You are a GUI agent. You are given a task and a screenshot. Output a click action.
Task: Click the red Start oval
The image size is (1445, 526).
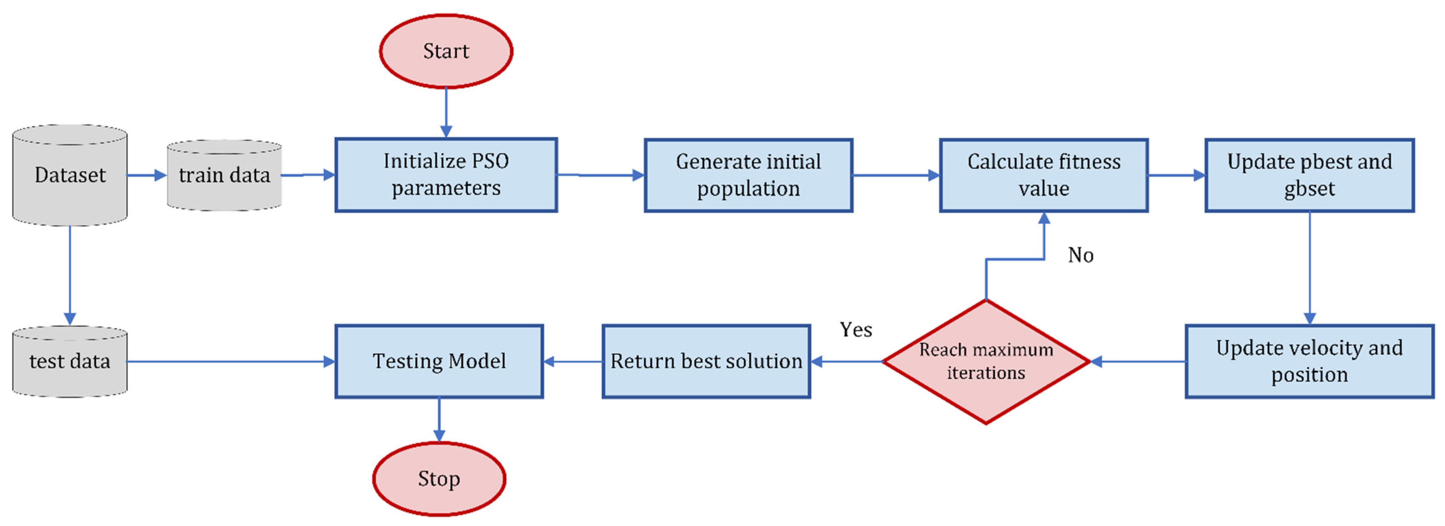coord(446,51)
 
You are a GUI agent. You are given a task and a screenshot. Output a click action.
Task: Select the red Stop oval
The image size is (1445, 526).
coord(439,479)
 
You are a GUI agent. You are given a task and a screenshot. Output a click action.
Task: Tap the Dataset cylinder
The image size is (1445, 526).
coord(70,175)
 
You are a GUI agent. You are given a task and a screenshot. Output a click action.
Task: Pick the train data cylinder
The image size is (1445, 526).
coord(224,175)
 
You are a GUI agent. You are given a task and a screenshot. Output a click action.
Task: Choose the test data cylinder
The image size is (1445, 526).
coord(70,361)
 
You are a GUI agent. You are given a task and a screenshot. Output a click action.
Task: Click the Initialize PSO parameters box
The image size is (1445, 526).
coord(446,175)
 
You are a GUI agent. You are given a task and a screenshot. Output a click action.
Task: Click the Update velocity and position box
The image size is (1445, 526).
coord(1310,361)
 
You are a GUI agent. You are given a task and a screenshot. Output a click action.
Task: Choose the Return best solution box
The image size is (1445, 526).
coord(706,361)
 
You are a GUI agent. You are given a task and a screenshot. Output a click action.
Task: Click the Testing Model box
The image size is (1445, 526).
coord(439,361)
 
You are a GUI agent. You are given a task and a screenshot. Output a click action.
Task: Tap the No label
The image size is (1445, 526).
coord(1080,255)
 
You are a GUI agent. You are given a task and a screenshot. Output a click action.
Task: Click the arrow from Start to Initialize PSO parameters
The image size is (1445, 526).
coord(446,112)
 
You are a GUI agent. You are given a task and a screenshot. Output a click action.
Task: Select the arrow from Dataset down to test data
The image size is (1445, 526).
coord(70,275)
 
